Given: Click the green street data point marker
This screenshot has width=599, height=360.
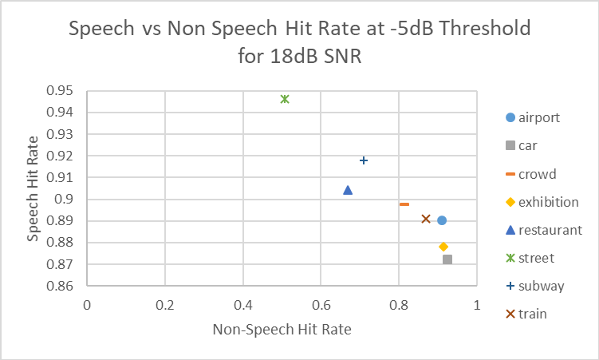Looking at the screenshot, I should pos(285,99).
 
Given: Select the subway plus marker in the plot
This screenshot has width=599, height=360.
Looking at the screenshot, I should pos(364,160).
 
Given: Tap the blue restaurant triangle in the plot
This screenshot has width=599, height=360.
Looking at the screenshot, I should pos(348,190).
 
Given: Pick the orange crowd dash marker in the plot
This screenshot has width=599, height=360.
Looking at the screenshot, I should pos(404,204).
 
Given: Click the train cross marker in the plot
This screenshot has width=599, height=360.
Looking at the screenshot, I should pos(426,219).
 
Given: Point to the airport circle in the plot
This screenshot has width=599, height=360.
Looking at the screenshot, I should pos(442,220).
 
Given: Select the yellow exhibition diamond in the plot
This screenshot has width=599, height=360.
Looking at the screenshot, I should pos(443,247).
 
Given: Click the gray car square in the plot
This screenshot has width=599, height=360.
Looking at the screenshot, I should pos(447,259).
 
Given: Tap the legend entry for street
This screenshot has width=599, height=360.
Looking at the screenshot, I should pos(535,258).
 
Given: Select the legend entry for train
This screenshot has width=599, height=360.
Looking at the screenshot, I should pos(532,314).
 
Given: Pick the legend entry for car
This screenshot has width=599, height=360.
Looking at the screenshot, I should pos(526,145).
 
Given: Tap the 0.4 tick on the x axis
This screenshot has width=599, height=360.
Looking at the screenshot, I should pos(242,305).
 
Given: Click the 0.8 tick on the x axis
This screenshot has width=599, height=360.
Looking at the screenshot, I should pos(399,305).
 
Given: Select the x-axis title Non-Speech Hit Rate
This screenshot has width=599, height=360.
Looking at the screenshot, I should pos(282,329).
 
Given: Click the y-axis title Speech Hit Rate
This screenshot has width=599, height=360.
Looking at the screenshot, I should pos(33,188).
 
